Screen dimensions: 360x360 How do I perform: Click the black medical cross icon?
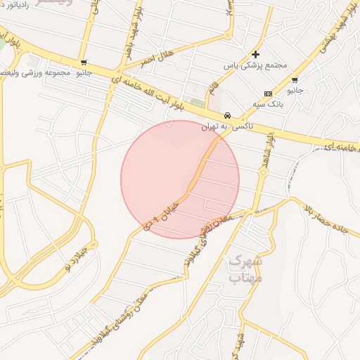click(255, 54)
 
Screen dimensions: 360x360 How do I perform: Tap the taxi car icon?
click(227, 115)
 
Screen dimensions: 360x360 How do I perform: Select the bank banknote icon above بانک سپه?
click(268, 94)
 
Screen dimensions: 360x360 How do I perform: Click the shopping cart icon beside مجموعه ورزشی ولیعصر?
click(84, 63)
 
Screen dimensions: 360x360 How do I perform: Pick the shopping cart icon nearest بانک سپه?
click(294, 80)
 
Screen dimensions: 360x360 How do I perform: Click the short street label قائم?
click(212, 90)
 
